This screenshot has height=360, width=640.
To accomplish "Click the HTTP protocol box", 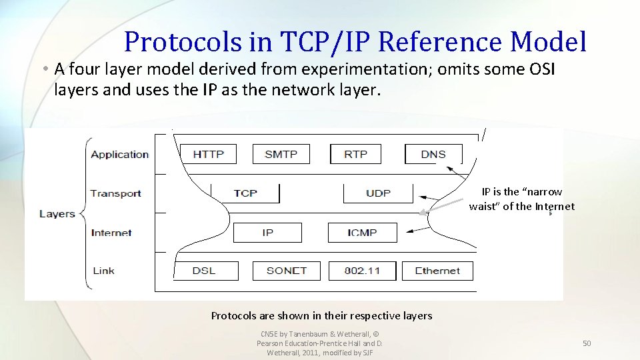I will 209,154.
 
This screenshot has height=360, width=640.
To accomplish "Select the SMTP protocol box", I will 281,154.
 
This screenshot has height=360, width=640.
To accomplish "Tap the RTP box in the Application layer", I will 355,154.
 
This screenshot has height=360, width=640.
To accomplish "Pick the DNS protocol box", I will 433,154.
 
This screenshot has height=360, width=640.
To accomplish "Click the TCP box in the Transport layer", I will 245,193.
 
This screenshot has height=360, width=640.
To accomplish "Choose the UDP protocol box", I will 378,193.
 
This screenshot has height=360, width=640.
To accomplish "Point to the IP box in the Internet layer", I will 267,233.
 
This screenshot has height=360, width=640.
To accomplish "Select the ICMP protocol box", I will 362,233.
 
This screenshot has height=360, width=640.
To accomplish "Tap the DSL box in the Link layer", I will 204,271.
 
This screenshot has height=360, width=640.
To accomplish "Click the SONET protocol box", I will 286,271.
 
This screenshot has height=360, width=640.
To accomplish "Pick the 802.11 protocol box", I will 362,271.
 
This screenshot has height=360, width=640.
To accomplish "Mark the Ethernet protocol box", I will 437,271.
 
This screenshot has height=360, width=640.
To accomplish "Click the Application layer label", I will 120,155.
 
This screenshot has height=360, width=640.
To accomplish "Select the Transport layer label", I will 116,193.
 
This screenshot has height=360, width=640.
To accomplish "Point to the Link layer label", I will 103,271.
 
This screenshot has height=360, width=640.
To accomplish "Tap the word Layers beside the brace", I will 57,214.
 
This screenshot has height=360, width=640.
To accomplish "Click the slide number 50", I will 587,343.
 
